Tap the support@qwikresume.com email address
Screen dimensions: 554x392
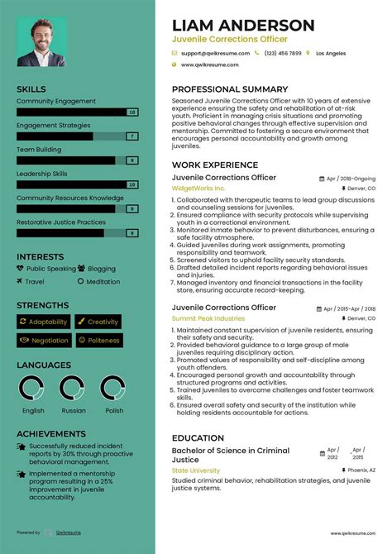pyautogui.click(x=216, y=53)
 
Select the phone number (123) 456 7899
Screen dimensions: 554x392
pyautogui.click(x=283, y=53)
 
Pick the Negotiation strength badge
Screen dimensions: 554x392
pyautogui.click(x=45, y=340)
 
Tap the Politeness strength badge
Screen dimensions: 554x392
pyautogui.click(x=98, y=340)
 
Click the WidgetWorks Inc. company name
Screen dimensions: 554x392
pyautogui.click(x=198, y=189)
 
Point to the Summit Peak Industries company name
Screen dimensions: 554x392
pyautogui.click(x=208, y=318)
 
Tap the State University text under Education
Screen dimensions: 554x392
pyautogui.click(x=197, y=470)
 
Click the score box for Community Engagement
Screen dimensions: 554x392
pyautogui.click(x=131, y=112)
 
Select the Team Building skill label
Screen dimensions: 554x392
pyautogui.click(x=39, y=150)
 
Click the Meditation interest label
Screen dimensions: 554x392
pyautogui.click(x=103, y=282)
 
